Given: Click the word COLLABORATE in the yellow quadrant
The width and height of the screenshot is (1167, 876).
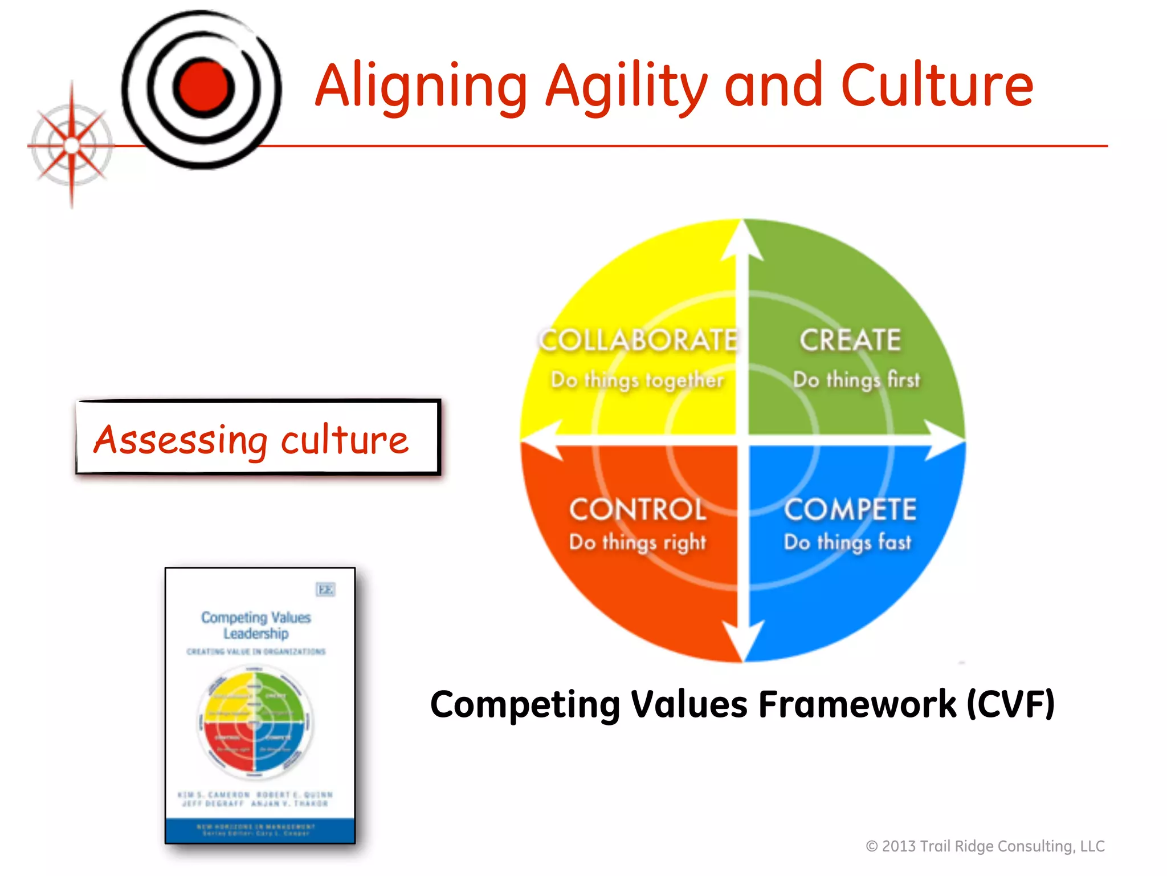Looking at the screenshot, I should (x=638, y=340).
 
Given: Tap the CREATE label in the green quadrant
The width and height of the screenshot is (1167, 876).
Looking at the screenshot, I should (x=850, y=340).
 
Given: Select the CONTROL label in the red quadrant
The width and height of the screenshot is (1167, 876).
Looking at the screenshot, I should (x=638, y=509).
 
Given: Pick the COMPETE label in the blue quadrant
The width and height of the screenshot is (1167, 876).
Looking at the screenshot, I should (x=850, y=509).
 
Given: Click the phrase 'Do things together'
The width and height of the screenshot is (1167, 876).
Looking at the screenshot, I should (x=637, y=380).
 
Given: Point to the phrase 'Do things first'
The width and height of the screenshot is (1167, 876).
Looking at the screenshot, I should (x=856, y=380).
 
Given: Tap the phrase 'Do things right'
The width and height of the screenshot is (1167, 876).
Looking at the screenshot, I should (x=638, y=542).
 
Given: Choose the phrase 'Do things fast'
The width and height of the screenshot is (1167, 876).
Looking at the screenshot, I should (x=848, y=542).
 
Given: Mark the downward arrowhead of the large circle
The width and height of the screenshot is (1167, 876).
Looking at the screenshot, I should (x=743, y=642).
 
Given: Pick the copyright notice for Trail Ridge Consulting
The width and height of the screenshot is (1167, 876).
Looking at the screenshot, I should (x=985, y=846).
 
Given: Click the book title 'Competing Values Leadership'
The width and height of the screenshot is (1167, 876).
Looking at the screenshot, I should (x=256, y=626).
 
